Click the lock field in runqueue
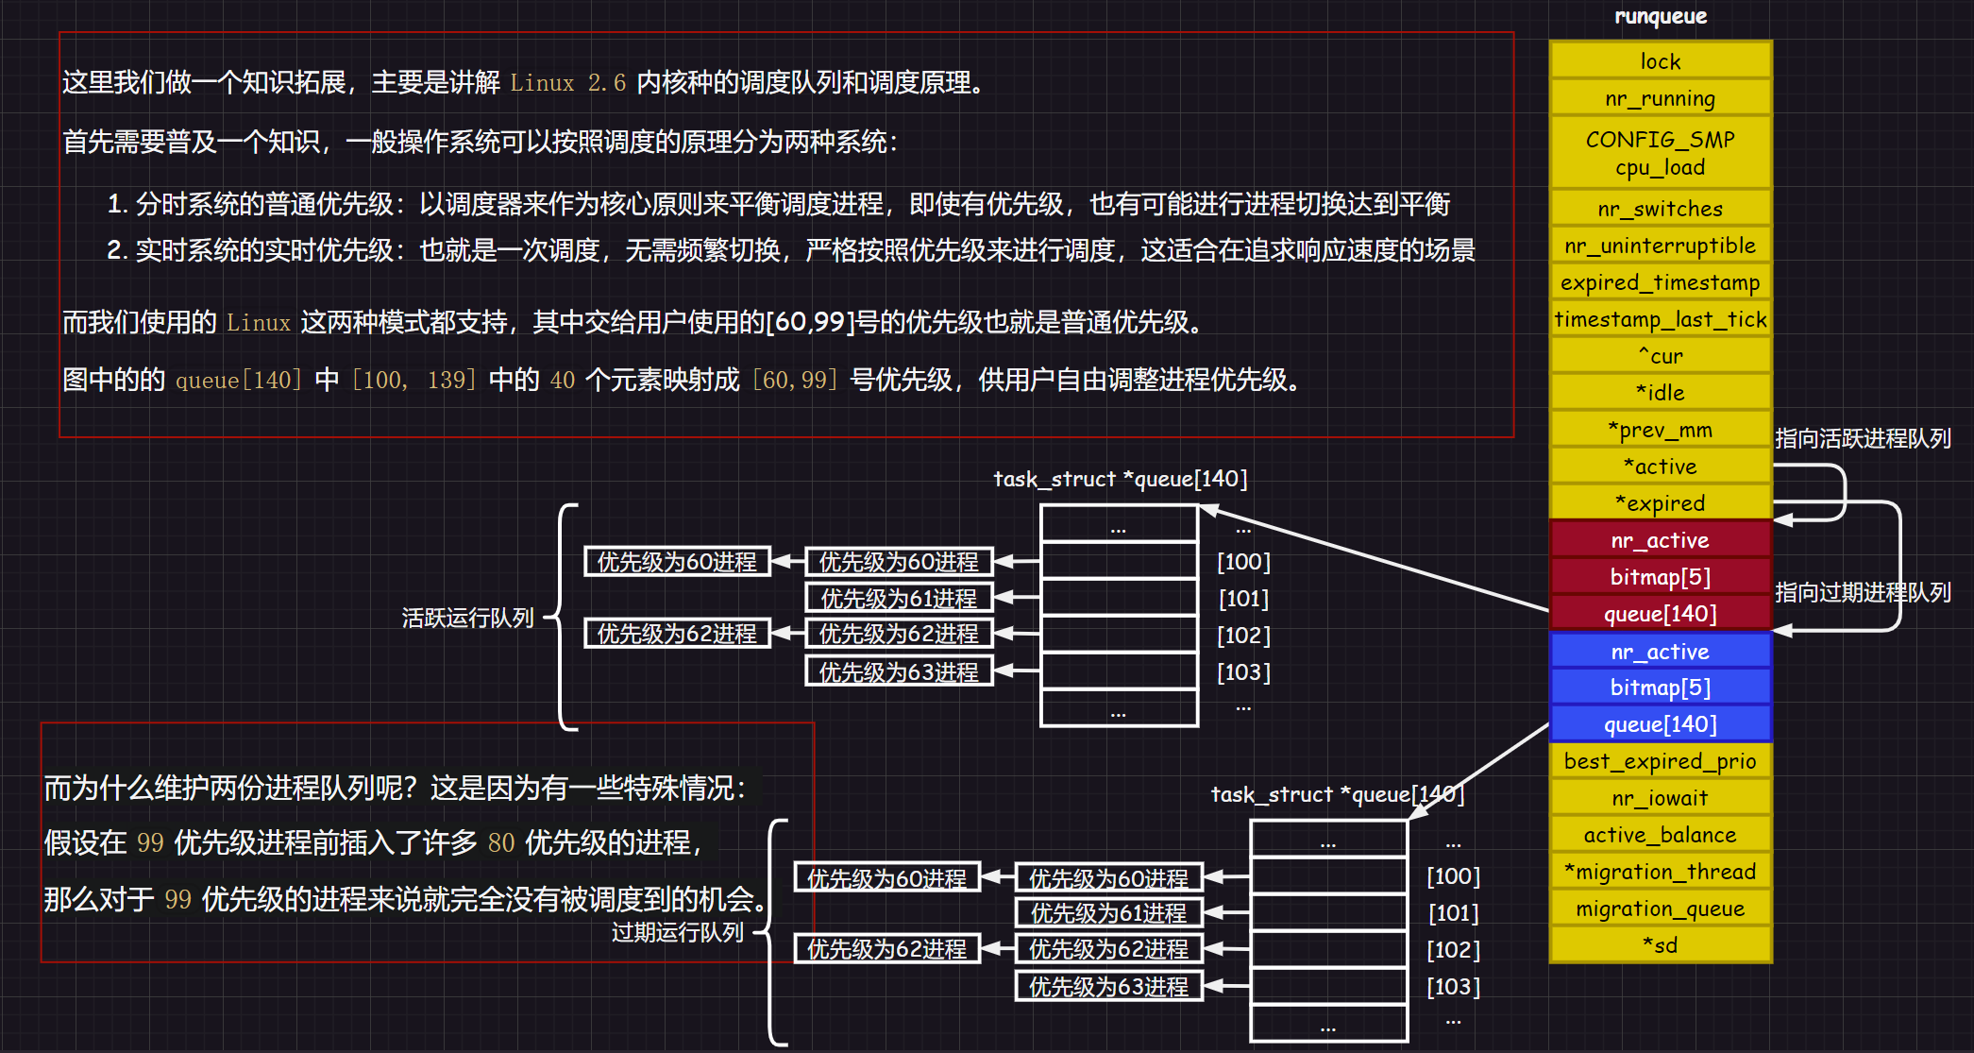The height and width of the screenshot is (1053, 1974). [1660, 61]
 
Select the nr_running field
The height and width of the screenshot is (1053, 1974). [1660, 98]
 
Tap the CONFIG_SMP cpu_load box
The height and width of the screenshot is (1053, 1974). [1660, 153]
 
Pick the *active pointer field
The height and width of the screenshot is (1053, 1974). [1660, 467]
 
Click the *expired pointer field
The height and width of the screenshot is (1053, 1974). [1660, 503]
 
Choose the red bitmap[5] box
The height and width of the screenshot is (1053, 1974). [1660, 577]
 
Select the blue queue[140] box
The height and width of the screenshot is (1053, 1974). [1660, 724]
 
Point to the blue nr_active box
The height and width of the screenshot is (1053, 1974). [1660, 652]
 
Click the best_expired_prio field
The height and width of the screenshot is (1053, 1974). [1660, 761]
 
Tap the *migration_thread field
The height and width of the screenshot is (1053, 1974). [1660, 872]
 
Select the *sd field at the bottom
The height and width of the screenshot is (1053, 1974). [1660, 945]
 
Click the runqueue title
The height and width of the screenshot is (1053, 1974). [1661, 16]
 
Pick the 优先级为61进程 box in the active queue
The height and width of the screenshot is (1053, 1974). [899, 599]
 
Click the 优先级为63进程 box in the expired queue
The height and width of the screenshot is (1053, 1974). [1108, 987]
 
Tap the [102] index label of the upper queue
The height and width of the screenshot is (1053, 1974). [1243, 636]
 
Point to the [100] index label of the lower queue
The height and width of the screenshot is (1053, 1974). [1453, 876]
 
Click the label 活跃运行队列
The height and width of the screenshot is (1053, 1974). [467, 618]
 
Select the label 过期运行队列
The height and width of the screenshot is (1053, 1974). [677, 932]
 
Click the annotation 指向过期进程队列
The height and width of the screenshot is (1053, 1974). [1862, 592]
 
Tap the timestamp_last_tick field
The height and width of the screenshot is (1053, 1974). [1660, 319]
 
